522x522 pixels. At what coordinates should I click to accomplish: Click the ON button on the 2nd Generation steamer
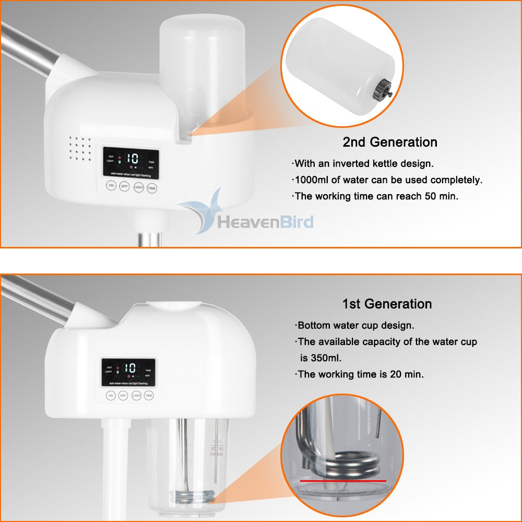(x=111, y=186)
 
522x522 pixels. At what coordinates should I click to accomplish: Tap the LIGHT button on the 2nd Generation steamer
(x=138, y=187)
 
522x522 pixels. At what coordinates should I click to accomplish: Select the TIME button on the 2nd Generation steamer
(x=152, y=188)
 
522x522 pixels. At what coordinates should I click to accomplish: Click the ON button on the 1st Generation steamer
(x=111, y=396)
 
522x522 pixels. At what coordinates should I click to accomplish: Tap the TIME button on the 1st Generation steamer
(x=149, y=396)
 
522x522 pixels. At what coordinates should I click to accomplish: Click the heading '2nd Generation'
(x=389, y=142)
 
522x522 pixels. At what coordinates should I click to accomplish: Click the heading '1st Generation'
(x=387, y=304)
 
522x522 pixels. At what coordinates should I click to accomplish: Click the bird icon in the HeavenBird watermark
(x=204, y=211)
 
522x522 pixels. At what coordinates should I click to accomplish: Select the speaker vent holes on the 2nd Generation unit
(x=80, y=149)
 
